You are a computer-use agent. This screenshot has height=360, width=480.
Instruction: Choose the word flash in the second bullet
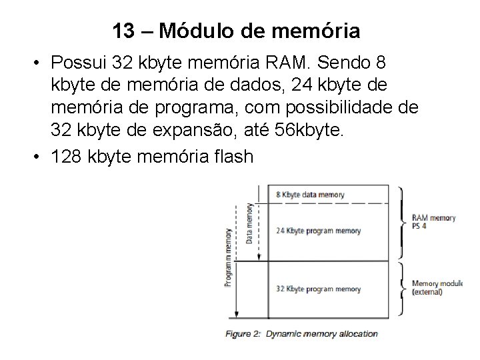[x=231, y=157]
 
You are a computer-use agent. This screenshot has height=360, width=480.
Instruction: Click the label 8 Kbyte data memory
[x=310, y=195]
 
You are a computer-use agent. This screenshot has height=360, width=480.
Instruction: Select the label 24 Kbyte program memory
[x=317, y=231]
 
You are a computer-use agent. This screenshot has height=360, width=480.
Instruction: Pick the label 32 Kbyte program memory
[x=317, y=289]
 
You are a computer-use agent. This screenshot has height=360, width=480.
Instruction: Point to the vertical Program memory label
[x=229, y=256]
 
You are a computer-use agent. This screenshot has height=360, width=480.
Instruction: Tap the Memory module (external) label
[x=437, y=287]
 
